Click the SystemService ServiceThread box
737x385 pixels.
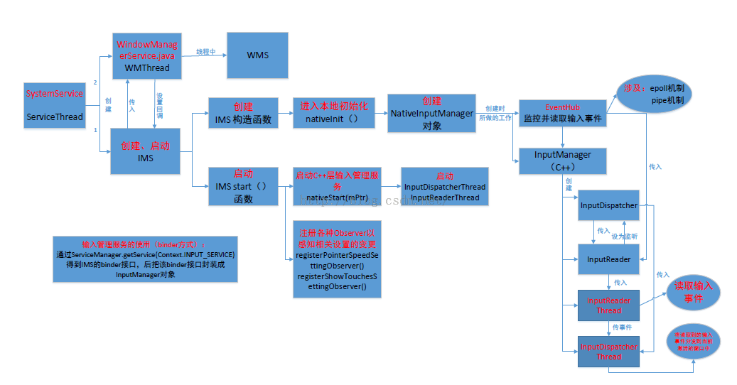click(55, 105)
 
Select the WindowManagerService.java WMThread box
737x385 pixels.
click(147, 56)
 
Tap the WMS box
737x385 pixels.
click(257, 55)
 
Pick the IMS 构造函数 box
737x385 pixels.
click(243, 112)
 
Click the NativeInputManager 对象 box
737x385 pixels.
click(431, 112)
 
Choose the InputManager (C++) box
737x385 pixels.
click(562, 161)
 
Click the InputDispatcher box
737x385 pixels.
click(609, 205)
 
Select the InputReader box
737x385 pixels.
click(609, 259)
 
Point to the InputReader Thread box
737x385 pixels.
click(609, 305)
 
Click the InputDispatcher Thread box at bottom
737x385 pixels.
click(609, 352)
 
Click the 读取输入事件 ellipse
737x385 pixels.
click(693, 293)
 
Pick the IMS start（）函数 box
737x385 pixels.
click(243, 186)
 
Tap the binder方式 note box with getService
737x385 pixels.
click(145, 259)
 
